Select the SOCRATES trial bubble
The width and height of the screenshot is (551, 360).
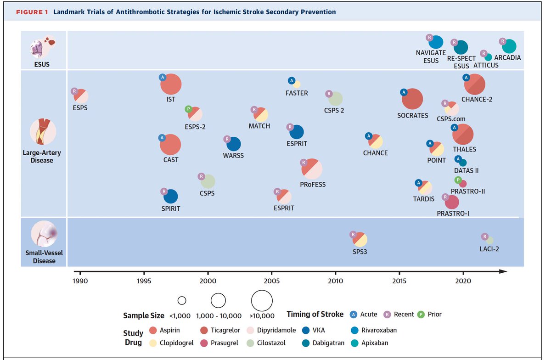coord(412,99)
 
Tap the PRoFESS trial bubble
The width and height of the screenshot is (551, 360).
coord(312,169)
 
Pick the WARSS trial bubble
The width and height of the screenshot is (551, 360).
coord(234,144)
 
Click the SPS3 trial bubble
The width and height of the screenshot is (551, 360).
coord(360,239)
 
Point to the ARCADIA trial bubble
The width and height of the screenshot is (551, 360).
coord(509,46)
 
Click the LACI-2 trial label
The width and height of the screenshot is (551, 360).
coord(489,249)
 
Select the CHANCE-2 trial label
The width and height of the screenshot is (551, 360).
coord(477,99)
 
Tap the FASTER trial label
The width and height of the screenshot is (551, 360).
coord(297,93)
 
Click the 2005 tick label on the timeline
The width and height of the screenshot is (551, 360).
coord(272,280)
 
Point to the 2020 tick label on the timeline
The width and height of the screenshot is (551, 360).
coord(463,280)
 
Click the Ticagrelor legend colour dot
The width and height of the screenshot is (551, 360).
coord(204,330)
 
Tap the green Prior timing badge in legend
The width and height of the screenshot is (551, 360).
coord(421,315)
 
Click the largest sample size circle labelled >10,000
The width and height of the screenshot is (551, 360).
coord(262,301)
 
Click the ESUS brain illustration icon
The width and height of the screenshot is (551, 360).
coord(43,47)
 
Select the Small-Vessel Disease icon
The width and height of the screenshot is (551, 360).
coord(44,234)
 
